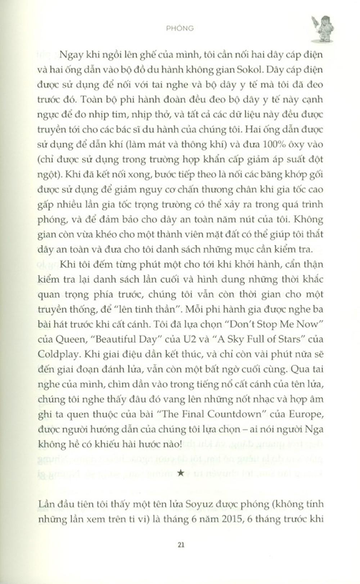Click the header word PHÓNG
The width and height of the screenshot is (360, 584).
click(180, 28)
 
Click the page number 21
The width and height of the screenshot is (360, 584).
click(181, 545)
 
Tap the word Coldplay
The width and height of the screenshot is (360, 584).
click(58, 354)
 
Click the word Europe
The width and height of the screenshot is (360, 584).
click(305, 414)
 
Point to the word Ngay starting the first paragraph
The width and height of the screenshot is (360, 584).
click(70, 55)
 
